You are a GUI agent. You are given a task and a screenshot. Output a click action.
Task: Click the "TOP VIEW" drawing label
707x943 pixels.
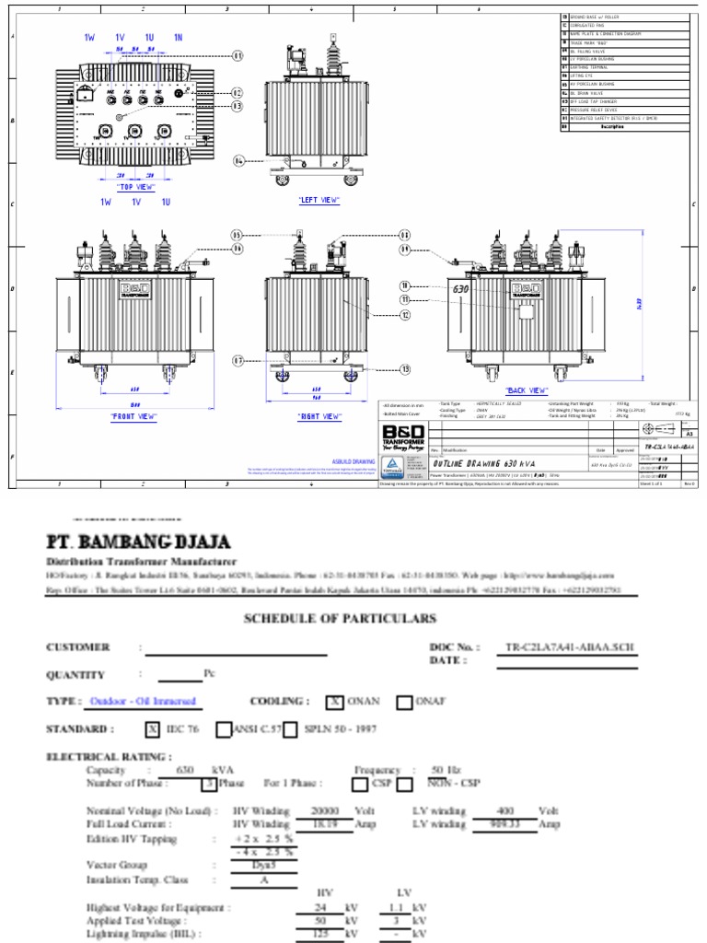click(134, 187)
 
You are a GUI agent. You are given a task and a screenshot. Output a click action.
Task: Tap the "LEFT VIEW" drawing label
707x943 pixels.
click(319, 200)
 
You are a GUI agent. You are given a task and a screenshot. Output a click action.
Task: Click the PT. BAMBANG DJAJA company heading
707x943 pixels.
click(139, 541)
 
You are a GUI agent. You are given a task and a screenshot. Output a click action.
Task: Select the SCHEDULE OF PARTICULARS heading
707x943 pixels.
click(340, 618)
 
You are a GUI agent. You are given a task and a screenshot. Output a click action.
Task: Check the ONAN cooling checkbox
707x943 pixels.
click(335, 702)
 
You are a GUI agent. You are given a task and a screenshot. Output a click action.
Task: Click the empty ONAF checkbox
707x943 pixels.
click(404, 702)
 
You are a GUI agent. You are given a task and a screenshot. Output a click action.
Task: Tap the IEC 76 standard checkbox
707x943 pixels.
click(153, 729)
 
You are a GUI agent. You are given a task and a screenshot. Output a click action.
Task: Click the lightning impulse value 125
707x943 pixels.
click(321, 934)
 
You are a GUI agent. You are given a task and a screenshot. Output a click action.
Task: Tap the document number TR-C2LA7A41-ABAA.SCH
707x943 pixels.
click(571, 646)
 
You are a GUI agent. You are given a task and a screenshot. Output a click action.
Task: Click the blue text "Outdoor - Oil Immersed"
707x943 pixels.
click(143, 702)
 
